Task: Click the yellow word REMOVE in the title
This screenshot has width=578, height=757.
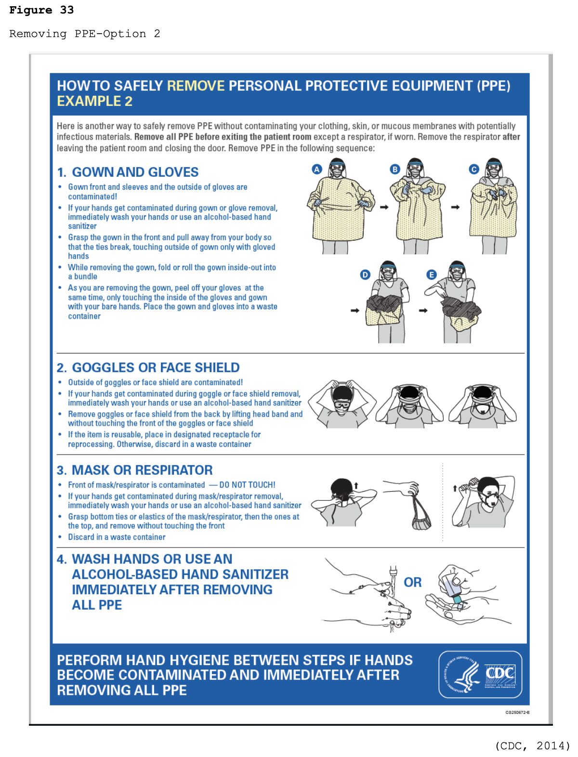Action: point(196,86)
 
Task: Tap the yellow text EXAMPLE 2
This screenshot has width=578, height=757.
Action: point(94,101)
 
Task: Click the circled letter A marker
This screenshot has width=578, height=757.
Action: point(316,169)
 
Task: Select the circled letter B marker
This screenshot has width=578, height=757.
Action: point(395,169)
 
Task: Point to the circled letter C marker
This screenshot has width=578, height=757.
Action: point(474,169)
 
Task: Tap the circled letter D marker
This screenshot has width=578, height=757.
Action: point(365,274)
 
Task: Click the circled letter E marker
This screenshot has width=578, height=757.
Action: point(432,274)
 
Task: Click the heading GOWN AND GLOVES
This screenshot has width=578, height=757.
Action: point(135,172)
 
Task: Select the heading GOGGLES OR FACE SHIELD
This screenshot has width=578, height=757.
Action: point(155,367)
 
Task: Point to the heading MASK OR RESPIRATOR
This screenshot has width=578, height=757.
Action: point(142,470)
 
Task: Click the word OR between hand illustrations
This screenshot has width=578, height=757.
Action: point(412,582)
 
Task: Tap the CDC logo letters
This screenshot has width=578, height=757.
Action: point(500,673)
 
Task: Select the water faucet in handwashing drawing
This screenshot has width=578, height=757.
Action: point(393,573)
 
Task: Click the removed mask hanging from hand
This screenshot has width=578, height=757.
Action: point(420,515)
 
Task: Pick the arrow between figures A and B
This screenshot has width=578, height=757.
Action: point(384,207)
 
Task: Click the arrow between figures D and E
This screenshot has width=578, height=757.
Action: point(423,311)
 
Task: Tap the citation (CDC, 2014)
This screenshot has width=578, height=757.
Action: point(532,745)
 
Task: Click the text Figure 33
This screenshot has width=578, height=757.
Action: point(41,10)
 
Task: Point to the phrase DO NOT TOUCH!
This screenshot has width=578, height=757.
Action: point(247,485)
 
